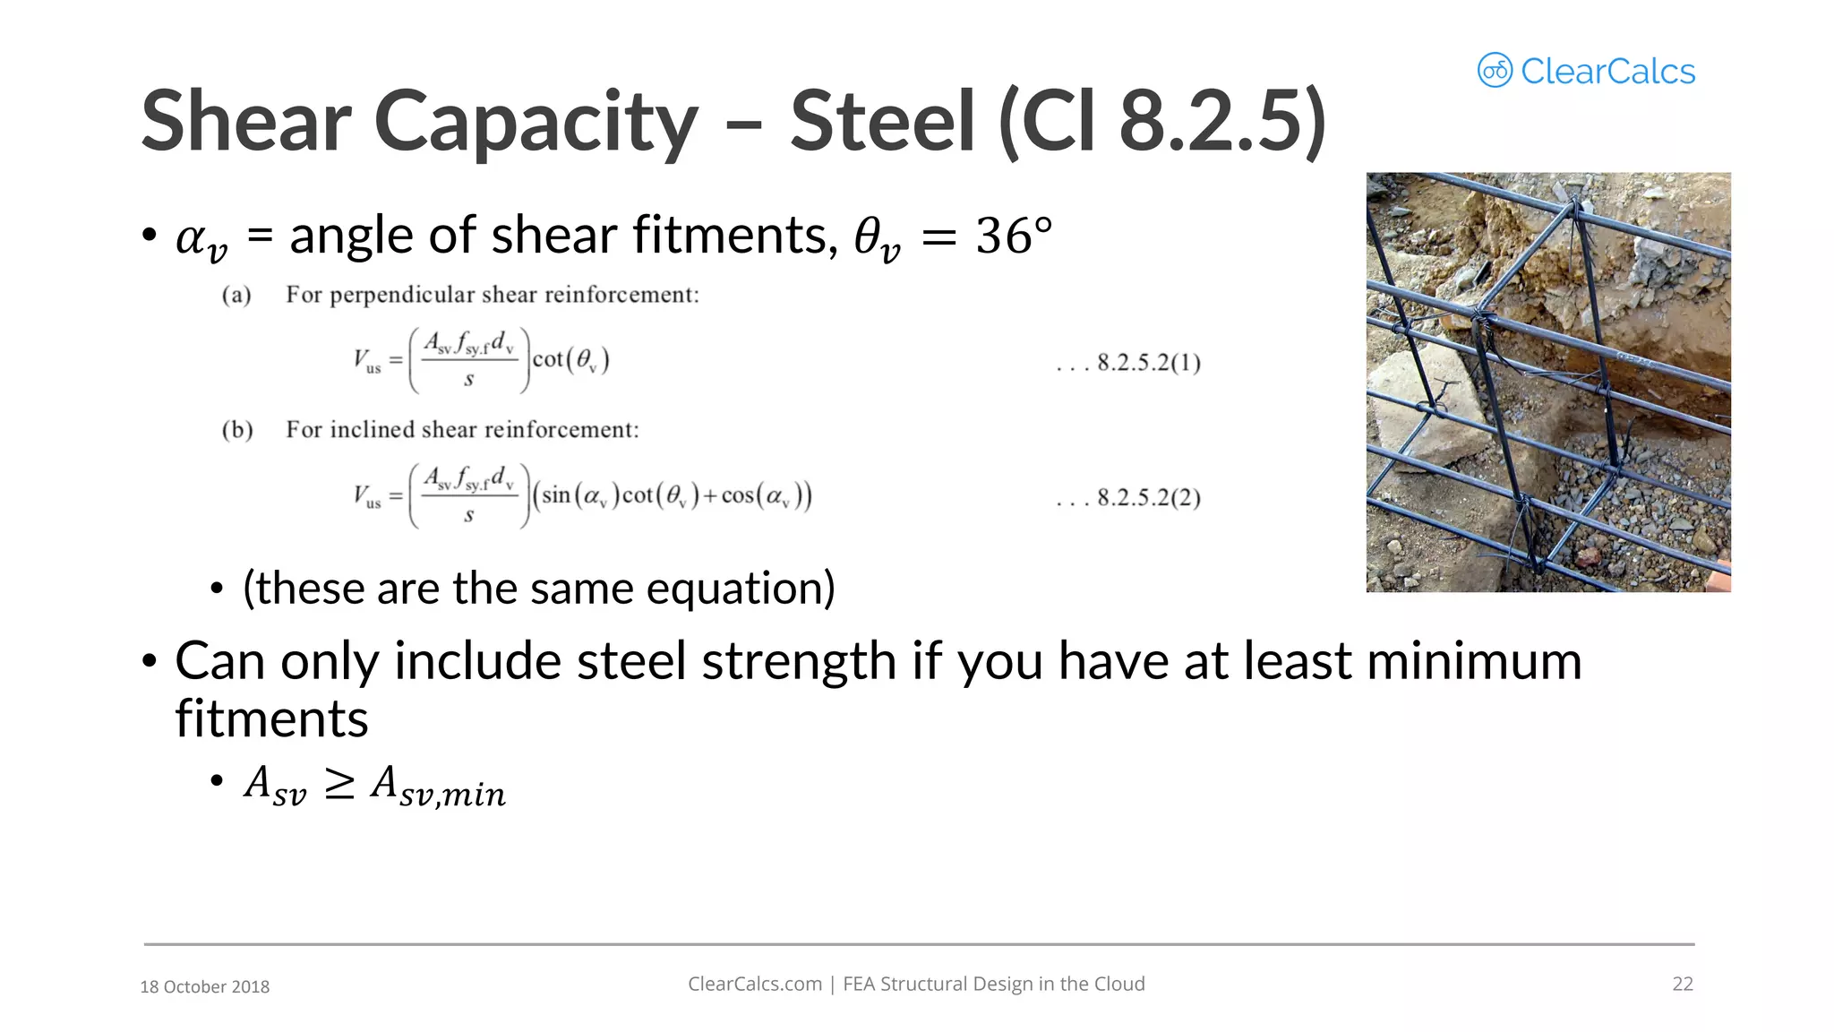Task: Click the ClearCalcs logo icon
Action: [x=1495, y=71]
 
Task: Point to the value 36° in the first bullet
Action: [x=1013, y=236]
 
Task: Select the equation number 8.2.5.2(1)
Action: [x=1149, y=363]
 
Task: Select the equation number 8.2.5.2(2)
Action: [x=1149, y=497]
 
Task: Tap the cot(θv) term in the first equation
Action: [x=571, y=360]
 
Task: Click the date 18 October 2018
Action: [x=205, y=986]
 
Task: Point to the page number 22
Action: [x=1683, y=984]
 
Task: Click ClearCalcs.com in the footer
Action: [x=754, y=984]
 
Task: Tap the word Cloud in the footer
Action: [x=1118, y=984]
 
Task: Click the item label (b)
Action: [x=237, y=430]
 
